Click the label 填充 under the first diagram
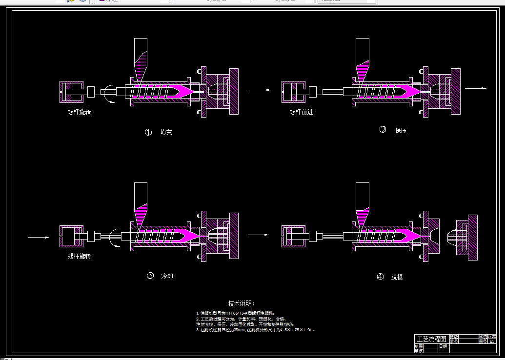[x=166, y=132]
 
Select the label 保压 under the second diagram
[x=401, y=131]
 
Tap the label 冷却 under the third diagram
[x=167, y=276]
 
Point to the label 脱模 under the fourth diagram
[x=397, y=277]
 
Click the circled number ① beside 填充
[x=148, y=132]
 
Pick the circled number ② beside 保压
[x=383, y=130]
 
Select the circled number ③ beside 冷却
[x=150, y=276]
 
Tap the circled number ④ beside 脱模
[x=381, y=277]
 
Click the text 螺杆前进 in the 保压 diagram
[x=301, y=112]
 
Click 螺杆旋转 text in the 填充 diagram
[x=79, y=112]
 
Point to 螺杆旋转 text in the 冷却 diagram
[x=79, y=256]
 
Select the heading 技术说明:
[x=241, y=303]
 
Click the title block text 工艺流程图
[x=431, y=339]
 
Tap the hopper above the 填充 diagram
[x=141, y=59]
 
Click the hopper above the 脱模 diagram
[x=362, y=202]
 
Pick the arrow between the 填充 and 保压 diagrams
[x=260, y=90]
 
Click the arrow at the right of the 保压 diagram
[x=476, y=88]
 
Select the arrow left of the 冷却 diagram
[x=39, y=238]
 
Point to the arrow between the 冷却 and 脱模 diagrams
[x=259, y=235]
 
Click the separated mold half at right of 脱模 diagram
[x=465, y=238]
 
